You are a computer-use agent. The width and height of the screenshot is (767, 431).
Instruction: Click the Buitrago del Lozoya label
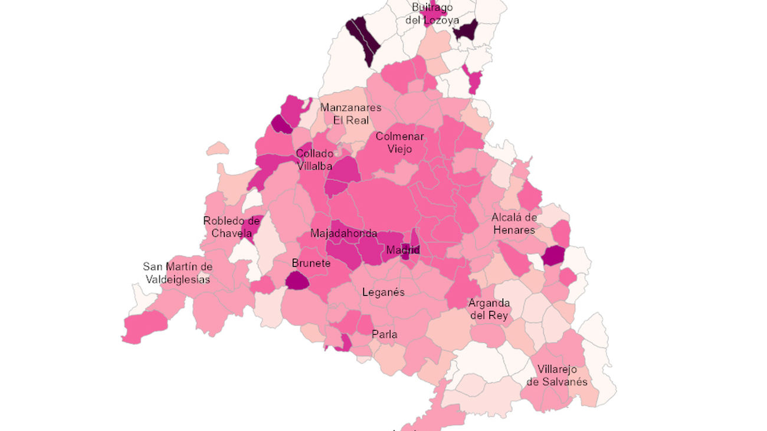[x=432, y=14]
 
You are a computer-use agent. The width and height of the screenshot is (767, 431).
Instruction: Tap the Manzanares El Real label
[x=350, y=114]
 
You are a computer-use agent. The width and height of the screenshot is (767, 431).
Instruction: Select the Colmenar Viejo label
[x=399, y=142]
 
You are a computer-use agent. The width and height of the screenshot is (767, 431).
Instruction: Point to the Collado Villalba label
[x=314, y=160]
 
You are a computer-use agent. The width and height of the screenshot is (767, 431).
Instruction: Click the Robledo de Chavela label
[x=231, y=226]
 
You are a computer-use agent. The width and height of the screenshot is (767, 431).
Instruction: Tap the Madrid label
[x=402, y=250]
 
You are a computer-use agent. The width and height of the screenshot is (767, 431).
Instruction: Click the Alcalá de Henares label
[x=514, y=223]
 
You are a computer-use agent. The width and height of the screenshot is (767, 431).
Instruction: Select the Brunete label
[x=311, y=263]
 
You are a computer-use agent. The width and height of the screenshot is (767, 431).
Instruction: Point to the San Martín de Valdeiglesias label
[x=177, y=273]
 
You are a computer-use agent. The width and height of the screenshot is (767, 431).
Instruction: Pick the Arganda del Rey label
[x=489, y=309]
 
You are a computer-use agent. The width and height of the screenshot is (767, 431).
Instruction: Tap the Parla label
[x=384, y=334]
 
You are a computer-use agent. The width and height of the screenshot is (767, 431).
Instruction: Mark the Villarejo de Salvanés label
[x=557, y=376]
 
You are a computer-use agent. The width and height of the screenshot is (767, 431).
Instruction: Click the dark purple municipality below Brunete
[x=297, y=281]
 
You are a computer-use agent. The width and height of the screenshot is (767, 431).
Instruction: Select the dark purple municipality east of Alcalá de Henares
[x=554, y=256]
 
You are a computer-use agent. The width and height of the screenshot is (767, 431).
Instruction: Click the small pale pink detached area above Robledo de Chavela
[x=218, y=148]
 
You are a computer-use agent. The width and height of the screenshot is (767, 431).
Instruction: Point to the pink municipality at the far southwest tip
[x=145, y=326]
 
